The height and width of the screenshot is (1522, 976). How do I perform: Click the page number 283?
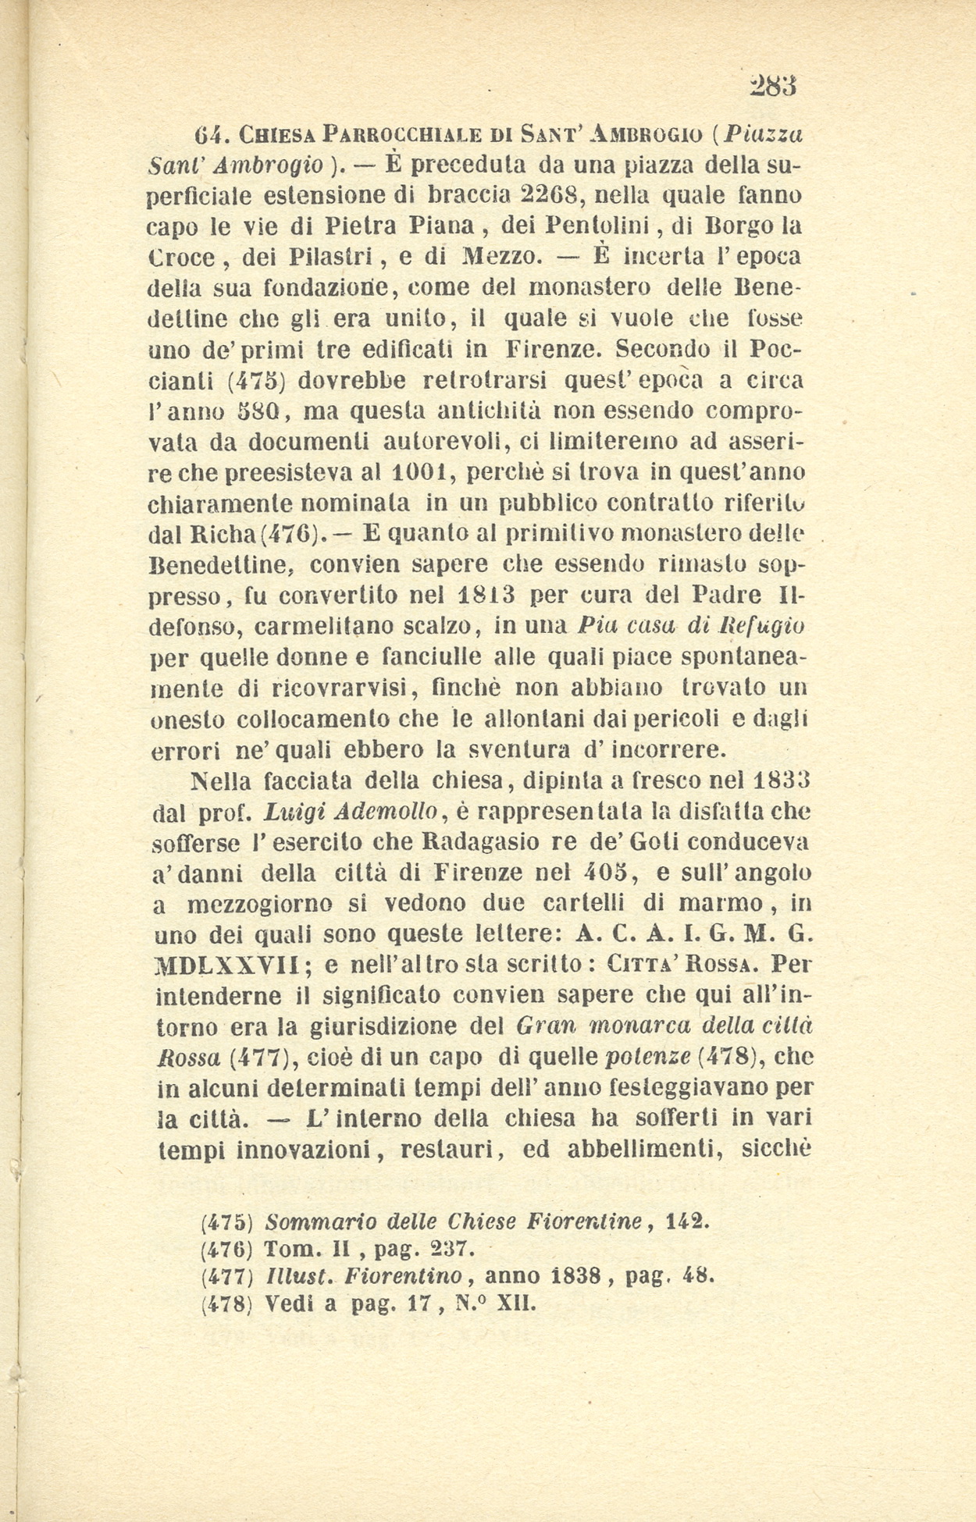click(772, 85)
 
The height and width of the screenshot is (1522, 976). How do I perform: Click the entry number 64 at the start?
click(209, 134)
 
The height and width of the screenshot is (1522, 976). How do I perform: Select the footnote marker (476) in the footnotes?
click(226, 1249)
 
